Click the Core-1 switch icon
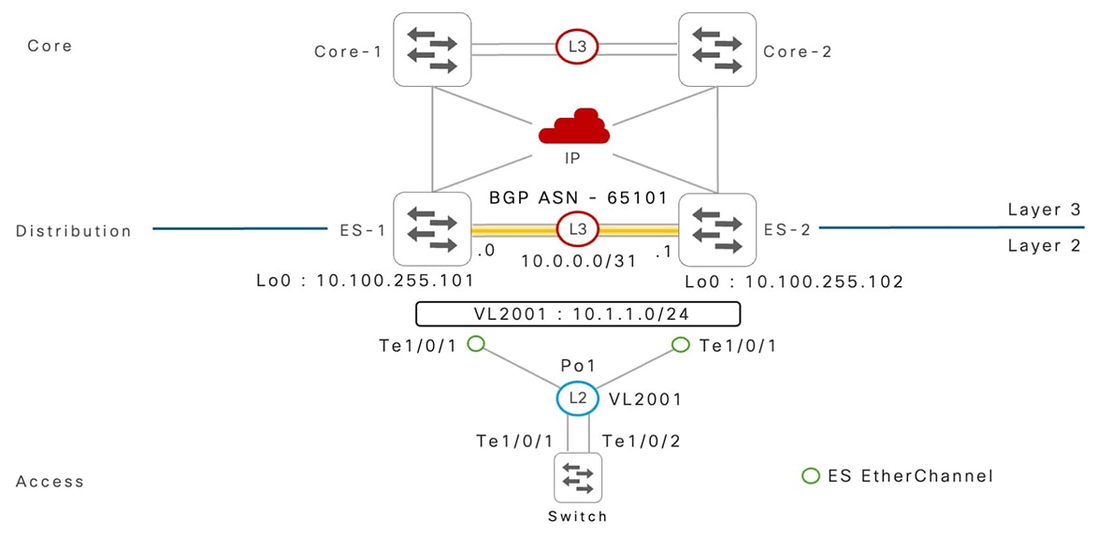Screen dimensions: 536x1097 [431, 50]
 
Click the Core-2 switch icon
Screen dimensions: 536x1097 [717, 50]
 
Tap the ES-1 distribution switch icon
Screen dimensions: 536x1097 [431, 229]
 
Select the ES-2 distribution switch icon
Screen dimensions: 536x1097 [717, 229]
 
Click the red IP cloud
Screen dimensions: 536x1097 [573, 128]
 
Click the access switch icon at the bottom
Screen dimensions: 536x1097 [577, 477]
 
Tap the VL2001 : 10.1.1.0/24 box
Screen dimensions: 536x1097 [578, 313]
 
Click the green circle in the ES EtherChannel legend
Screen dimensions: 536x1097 [812, 476]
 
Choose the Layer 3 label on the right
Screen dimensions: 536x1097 [1044, 210]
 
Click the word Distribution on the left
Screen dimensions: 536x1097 [74, 231]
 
